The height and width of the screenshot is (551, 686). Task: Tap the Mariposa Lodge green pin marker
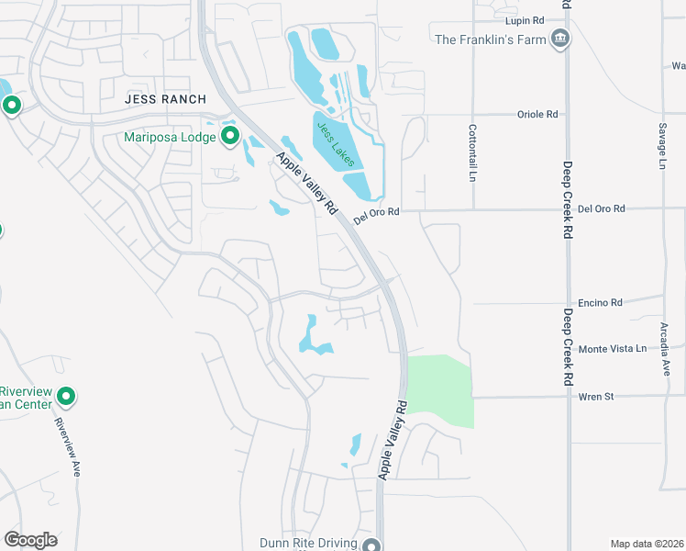coord(229,138)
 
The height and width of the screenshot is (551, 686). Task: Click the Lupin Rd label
coord(526,19)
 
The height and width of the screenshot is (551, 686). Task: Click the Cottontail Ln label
coord(473,152)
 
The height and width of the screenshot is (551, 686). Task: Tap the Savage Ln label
coord(661,147)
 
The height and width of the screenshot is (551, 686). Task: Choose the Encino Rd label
coord(601,302)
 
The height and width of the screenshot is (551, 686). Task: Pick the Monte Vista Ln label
coord(612,349)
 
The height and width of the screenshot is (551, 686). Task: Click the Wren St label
coord(595,397)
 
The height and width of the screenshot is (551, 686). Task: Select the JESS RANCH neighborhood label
coord(166,98)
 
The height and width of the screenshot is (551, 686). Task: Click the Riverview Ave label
coord(68,446)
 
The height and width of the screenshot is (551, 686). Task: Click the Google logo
coord(30,540)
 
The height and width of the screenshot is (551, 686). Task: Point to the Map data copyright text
coord(647,543)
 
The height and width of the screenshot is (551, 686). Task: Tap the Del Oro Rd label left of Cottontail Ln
coord(377,212)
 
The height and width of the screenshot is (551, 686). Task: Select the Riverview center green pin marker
coord(65,397)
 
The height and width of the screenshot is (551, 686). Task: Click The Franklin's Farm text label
coord(490,39)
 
